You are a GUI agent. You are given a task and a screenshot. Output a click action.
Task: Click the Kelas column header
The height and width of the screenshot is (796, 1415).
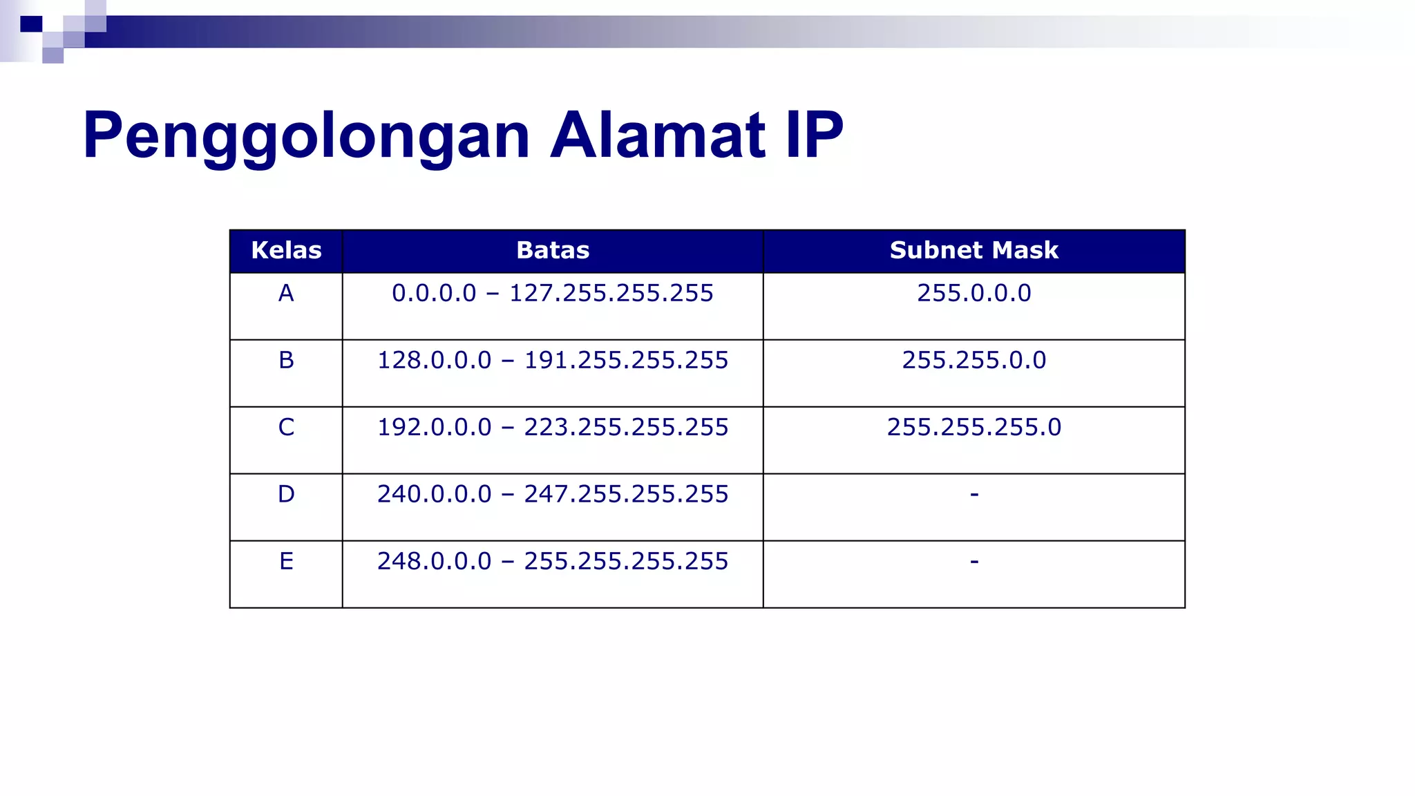pos(286,250)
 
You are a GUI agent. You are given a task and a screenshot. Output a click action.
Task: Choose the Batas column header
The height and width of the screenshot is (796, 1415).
pos(553,250)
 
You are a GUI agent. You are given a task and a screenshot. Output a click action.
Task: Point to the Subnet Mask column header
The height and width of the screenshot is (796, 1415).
pos(974,250)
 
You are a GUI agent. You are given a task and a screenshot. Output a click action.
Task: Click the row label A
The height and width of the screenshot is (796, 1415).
pos(286,294)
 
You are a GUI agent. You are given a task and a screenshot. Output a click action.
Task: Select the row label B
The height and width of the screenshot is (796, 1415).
pos(286,361)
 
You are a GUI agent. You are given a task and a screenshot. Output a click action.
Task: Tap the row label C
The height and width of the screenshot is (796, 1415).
pos(286,428)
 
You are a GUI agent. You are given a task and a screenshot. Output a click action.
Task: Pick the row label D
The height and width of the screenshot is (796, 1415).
pos(286,495)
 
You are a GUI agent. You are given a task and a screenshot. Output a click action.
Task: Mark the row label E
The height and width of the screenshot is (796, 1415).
pos(286,562)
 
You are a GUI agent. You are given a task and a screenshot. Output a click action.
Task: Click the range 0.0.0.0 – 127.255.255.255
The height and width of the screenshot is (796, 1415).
pos(553,294)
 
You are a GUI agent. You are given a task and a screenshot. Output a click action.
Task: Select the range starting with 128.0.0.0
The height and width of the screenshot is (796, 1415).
pos(553,361)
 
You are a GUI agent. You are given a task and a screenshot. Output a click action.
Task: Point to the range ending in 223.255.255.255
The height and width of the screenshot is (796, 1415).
pos(553,428)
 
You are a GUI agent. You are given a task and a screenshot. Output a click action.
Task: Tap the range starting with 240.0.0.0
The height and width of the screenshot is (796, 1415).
pos(553,495)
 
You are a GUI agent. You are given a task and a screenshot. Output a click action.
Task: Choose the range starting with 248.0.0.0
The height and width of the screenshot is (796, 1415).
pos(553,562)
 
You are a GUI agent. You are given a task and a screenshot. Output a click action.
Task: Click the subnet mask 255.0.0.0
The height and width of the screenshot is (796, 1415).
pos(974,294)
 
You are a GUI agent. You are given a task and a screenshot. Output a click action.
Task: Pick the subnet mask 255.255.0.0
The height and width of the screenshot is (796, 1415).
pos(974,361)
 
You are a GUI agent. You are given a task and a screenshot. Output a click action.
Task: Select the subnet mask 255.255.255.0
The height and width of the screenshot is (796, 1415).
pos(974,428)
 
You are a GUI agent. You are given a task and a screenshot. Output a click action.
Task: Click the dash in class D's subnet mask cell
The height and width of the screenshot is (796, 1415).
pos(974,495)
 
